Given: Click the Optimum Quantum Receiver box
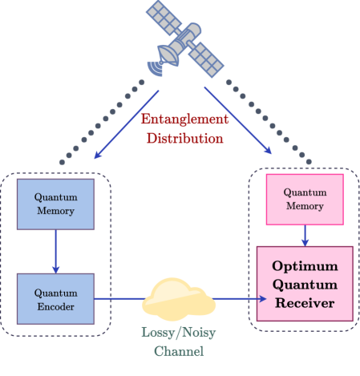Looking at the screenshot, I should [x=304, y=284].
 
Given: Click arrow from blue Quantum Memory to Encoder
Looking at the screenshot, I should [x=55, y=250].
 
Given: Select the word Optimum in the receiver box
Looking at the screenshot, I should [x=304, y=266].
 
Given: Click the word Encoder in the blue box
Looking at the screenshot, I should [x=55, y=305].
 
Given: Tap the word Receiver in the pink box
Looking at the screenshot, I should [x=304, y=302].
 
